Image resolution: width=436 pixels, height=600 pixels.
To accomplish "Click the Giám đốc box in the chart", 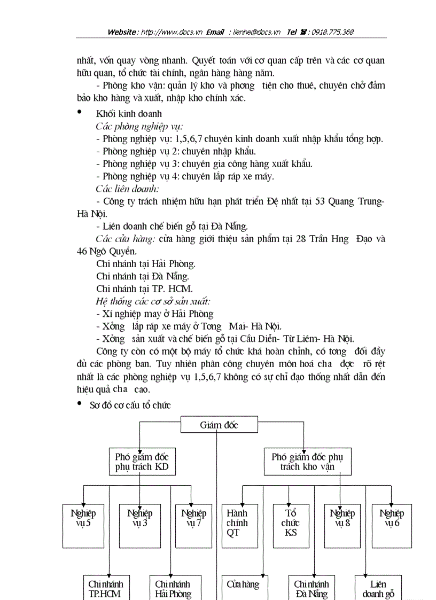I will (219, 425).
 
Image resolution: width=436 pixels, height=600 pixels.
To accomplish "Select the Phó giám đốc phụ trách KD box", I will (142, 462).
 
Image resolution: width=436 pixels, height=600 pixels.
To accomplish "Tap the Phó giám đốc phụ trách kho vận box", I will (307, 462).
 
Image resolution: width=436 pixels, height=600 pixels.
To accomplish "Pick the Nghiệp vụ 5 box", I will (83, 525).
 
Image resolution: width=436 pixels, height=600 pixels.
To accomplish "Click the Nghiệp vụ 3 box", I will (139, 525).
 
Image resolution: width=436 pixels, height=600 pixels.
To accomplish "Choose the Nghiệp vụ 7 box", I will (193, 525).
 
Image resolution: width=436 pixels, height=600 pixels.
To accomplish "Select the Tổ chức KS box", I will (291, 525).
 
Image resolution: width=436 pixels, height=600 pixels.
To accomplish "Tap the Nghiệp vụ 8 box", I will (342, 525).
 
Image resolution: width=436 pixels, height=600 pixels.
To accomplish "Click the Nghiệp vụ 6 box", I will (392, 525).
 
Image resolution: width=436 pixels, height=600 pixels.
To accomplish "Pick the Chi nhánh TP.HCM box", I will (105, 588).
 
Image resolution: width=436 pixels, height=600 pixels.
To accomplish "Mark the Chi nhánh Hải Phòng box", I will (173, 588).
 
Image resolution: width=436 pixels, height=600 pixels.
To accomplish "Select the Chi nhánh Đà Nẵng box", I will (312, 588).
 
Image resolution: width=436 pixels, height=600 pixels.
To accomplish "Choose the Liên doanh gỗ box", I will (378, 588).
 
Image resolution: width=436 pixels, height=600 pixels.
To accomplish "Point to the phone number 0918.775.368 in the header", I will (332, 32).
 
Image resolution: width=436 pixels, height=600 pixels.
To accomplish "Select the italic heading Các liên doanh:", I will (127, 189).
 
